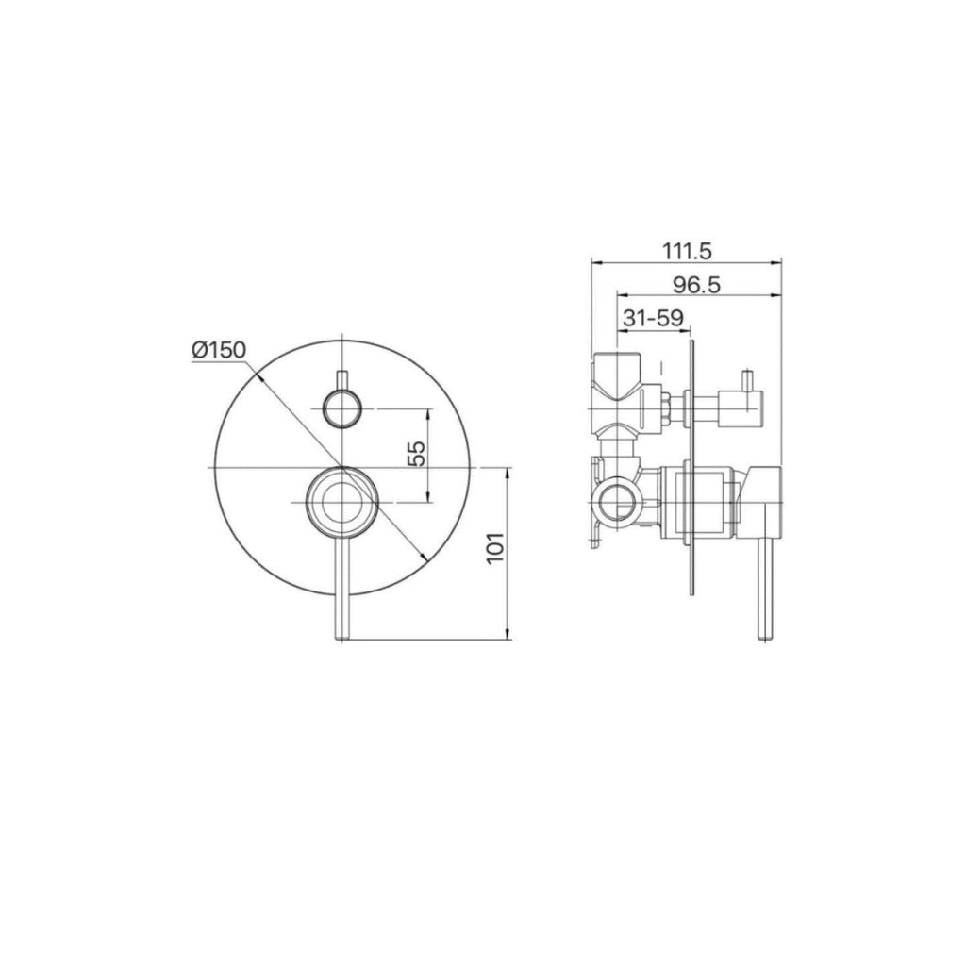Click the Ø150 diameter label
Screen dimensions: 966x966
(x=218, y=350)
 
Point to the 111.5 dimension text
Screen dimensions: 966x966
(x=687, y=252)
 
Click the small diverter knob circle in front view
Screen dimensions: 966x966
(x=341, y=408)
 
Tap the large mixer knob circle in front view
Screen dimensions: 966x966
(x=340, y=502)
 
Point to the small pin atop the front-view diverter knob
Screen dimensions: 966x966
(x=341, y=377)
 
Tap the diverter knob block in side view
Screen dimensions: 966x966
(x=734, y=408)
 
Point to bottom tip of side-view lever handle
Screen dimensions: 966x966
(x=766, y=639)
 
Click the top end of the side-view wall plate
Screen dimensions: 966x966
(x=693, y=341)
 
